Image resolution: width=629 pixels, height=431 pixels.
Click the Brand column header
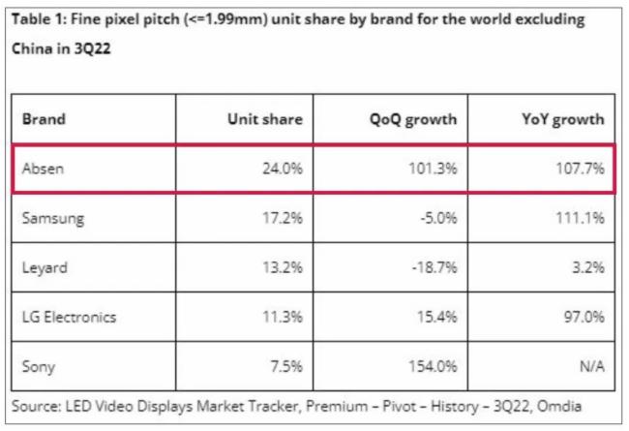click(x=45, y=120)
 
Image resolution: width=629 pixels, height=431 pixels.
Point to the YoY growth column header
click(x=562, y=120)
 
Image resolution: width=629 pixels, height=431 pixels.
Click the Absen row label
click(x=45, y=169)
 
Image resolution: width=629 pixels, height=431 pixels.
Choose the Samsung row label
click(x=53, y=218)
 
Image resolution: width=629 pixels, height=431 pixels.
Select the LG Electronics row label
click(x=69, y=317)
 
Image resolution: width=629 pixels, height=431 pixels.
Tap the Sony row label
click(x=39, y=366)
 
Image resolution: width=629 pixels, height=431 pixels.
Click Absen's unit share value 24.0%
click(x=282, y=169)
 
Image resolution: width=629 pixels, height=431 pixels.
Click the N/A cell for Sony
click(x=590, y=366)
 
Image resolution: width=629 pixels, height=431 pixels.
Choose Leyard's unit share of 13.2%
click(x=282, y=267)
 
